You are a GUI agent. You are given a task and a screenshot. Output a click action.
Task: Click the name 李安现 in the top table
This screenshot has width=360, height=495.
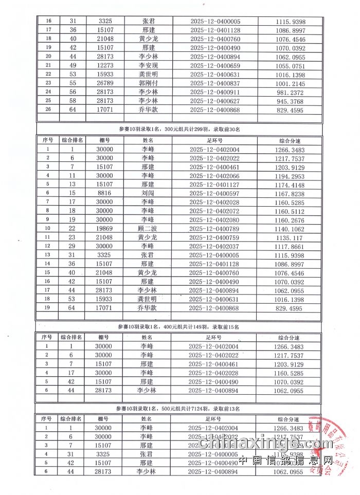coord(148,65)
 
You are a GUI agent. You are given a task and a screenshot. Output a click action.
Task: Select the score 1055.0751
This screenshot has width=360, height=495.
coord(291,65)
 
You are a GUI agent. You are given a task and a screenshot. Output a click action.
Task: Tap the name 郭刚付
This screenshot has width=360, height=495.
coord(148,83)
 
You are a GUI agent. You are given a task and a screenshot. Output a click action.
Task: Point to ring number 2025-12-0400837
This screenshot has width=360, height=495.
coord(215,83)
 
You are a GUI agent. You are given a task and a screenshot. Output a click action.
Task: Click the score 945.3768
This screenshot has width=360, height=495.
coord(291,101)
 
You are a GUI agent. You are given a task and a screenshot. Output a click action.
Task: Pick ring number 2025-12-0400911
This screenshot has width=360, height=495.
coord(215,92)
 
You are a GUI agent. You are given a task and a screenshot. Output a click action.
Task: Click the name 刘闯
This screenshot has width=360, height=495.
coord(148,193)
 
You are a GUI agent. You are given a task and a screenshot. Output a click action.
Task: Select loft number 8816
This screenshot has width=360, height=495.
coord(105,193)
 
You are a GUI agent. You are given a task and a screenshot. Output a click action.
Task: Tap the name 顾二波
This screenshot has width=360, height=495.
coord(148,228)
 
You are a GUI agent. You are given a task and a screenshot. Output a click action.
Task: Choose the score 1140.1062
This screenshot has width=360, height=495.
coord(291,228)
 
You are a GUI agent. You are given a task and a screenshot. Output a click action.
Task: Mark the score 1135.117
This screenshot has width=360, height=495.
coord(291,237)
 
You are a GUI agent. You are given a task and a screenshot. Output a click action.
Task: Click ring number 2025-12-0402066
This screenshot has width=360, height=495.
coord(215,176)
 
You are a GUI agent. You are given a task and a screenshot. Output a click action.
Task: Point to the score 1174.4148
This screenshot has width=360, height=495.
coord(291,185)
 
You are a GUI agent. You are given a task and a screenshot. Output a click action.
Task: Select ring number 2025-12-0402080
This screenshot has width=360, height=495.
coord(215,219)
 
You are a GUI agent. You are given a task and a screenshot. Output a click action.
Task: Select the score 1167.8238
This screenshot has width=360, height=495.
coord(291,193)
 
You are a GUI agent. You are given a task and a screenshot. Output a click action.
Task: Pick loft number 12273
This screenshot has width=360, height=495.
coord(105,65)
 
